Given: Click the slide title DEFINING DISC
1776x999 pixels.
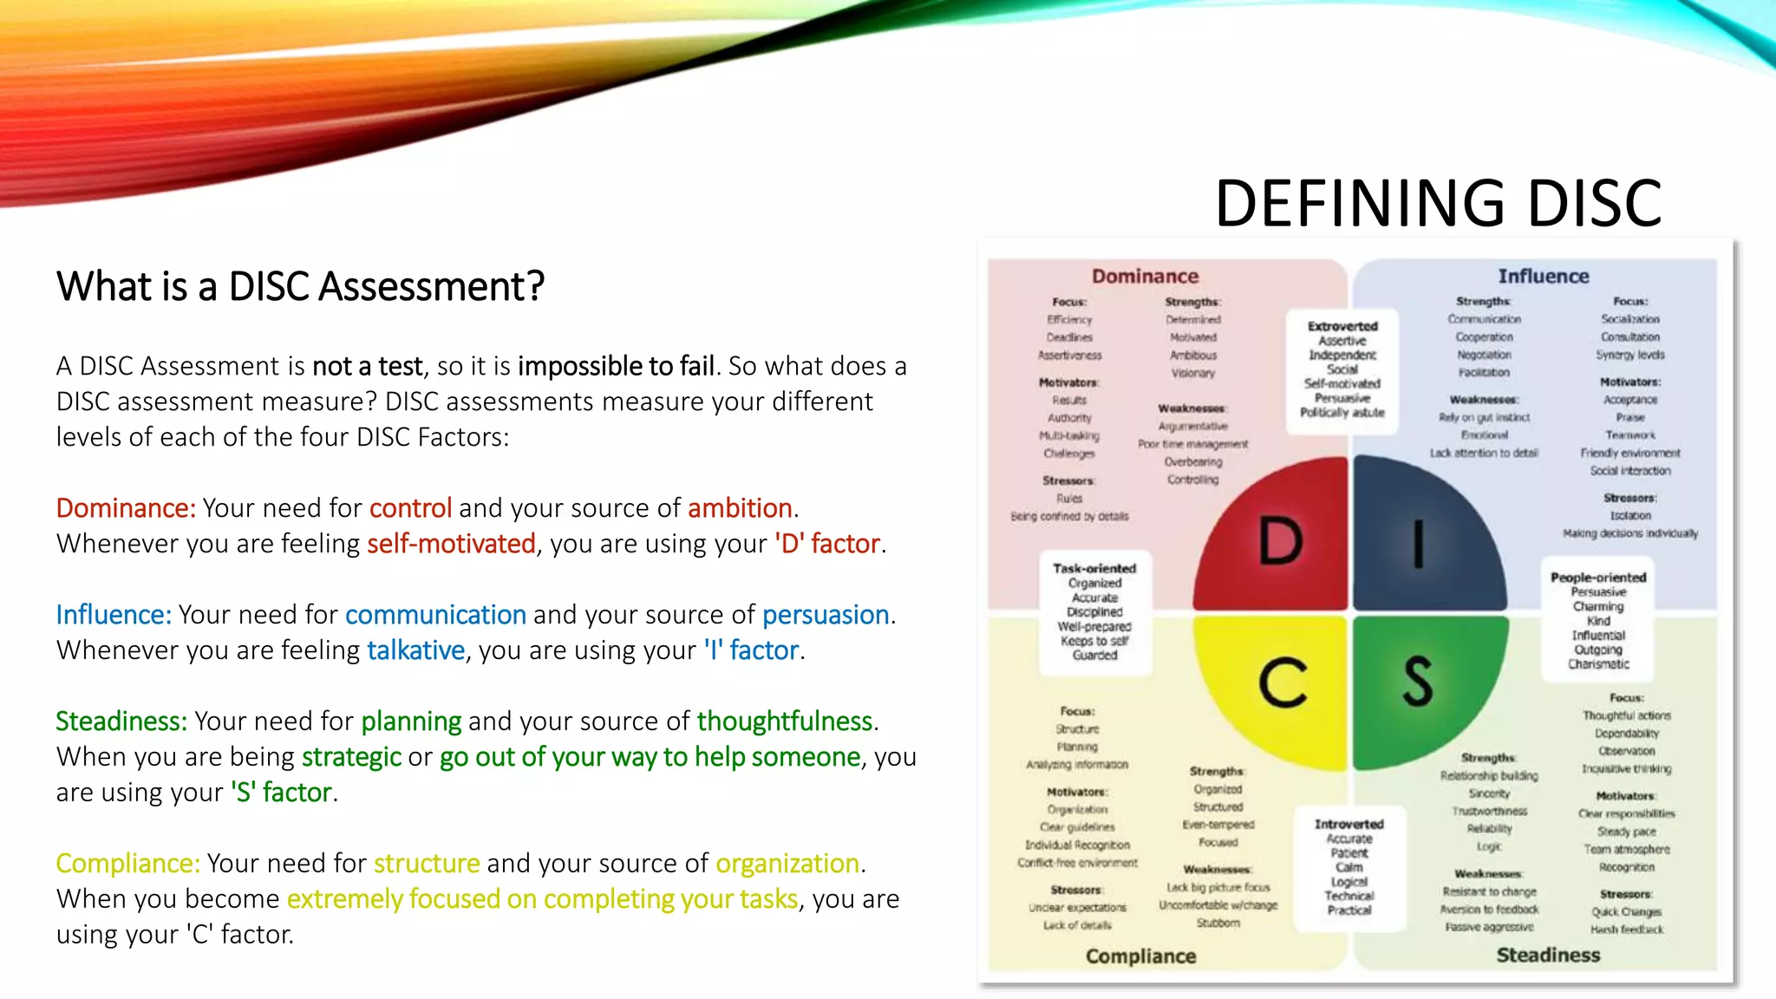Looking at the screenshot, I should [x=1438, y=204].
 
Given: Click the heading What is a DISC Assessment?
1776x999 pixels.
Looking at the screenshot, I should [x=300, y=286].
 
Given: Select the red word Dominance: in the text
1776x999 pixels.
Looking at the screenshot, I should [x=126, y=507].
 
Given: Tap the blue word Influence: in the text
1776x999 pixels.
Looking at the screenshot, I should [x=114, y=614].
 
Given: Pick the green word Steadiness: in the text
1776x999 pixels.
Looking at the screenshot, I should [x=121, y=721].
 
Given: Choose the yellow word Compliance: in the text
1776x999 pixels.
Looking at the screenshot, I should [x=127, y=863].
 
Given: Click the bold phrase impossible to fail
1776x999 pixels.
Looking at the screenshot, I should [x=616, y=366].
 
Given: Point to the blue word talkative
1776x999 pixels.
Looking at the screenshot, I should [x=415, y=650].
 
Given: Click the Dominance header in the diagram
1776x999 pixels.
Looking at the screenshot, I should [x=1145, y=276].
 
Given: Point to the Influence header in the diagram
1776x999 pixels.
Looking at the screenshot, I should [x=1544, y=276].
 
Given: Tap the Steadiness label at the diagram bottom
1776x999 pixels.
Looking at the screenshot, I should [x=1548, y=955].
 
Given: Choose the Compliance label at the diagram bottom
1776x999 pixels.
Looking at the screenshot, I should [x=1140, y=956].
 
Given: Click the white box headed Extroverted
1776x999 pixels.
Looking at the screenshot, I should [x=1342, y=369].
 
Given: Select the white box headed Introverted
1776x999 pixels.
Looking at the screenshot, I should [x=1348, y=867].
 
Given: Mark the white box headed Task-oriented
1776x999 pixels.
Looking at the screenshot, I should [x=1094, y=612].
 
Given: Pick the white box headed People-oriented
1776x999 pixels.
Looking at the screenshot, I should [x=1598, y=621].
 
